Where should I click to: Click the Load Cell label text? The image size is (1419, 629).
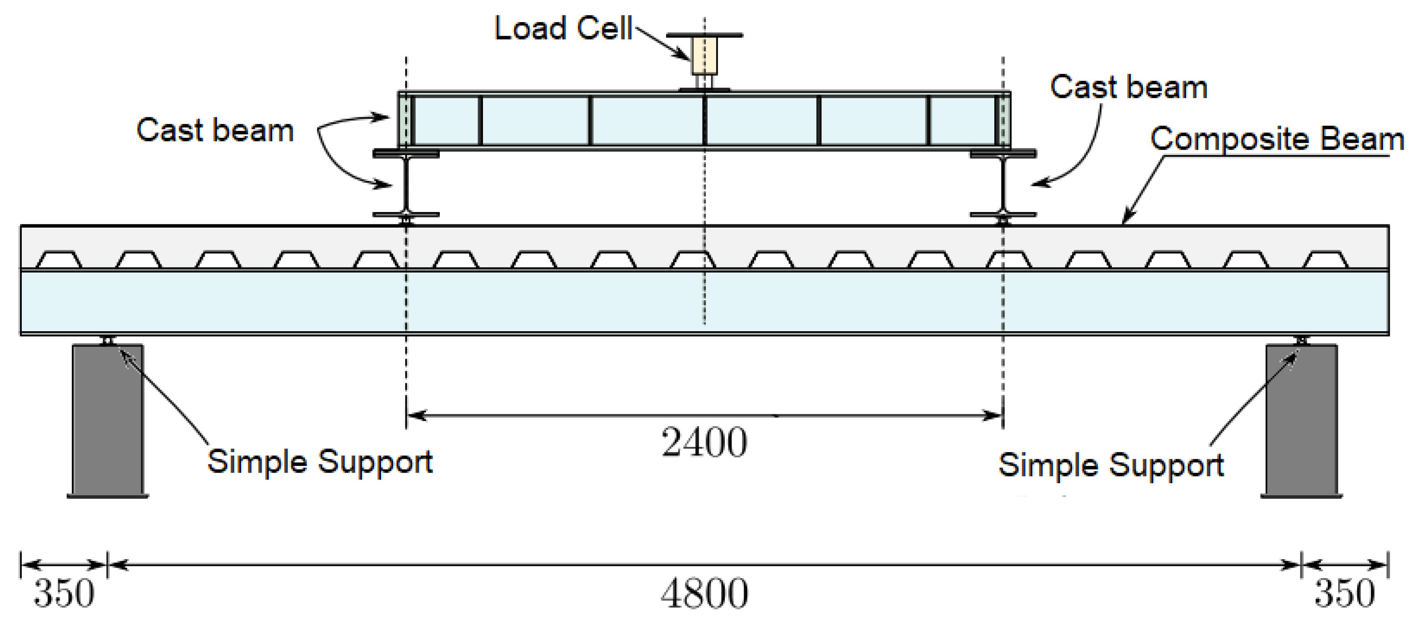pos(563,28)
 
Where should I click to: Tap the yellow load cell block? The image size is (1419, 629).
pos(704,55)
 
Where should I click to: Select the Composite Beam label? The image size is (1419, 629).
pos(1277,139)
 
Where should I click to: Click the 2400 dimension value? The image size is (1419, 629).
pos(704,443)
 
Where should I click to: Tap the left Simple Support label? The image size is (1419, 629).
pos(319,461)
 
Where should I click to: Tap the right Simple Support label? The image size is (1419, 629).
pos(1110,465)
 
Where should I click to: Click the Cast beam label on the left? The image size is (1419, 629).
pos(215,131)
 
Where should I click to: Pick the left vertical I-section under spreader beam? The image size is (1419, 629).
pos(406,184)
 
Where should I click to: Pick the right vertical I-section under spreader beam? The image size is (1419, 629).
pos(1003,184)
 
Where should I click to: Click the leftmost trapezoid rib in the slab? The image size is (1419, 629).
pos(59,260)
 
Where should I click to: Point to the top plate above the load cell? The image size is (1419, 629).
pos(704,35)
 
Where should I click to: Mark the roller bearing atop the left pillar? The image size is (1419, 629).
pos(108,341)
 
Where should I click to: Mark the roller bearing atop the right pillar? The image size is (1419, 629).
pos(1301,341)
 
